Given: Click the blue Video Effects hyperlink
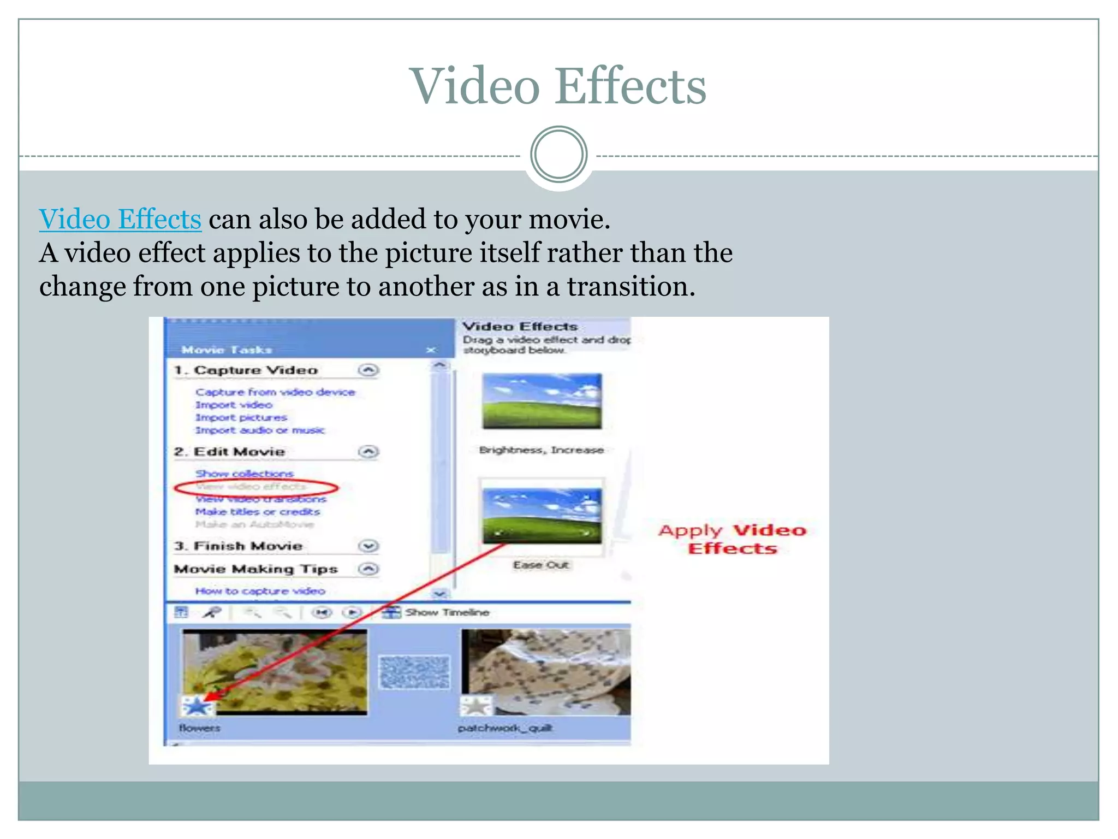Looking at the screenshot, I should point(120,220).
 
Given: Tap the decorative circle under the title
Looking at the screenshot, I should point(558,155).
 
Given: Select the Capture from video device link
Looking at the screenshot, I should point(275,392).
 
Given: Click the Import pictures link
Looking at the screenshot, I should point(241,418).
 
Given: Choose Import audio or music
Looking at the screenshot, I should point(260,430).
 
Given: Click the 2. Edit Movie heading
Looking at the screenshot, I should point(229,452).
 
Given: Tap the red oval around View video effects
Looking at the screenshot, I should point(257,487).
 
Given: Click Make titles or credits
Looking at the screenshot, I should point(258,512).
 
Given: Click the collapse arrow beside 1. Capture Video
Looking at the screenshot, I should point(368,370).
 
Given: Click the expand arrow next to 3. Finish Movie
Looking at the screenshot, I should point(368,546).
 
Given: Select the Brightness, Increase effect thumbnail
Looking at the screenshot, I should point(542,401).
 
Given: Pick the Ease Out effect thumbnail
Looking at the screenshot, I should point(542,516).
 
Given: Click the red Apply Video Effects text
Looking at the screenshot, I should point(732,539).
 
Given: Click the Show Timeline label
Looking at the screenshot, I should point(447,612).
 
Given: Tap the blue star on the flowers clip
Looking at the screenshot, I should point(197,706).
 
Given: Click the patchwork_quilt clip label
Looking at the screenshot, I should point(505,728).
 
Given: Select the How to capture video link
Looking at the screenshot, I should point(260,591).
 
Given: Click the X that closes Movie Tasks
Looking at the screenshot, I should point(431,350).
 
